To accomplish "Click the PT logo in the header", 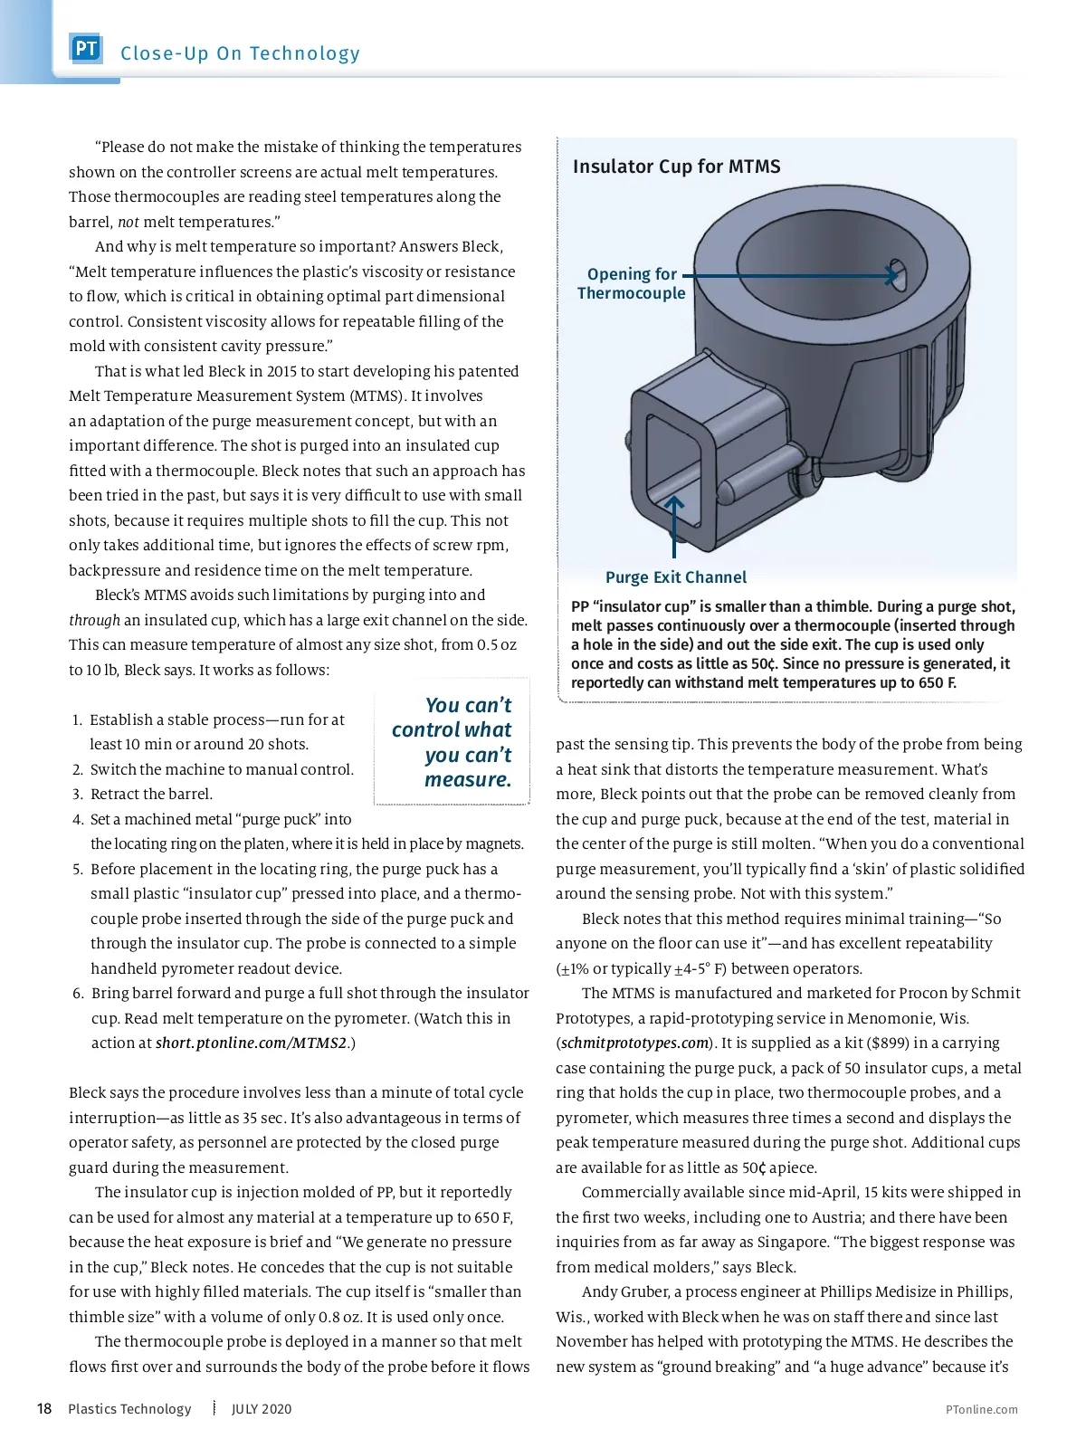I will coord(86,49).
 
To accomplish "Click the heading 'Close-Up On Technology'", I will coord(240,53).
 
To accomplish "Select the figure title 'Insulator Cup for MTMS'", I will coord(676,167).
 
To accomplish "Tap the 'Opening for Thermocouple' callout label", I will coord(631,283).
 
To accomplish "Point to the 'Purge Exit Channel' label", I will coord(675,577).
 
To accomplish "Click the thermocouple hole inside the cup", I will coord(896,275).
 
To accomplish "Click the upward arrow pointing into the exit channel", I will coord(674,525).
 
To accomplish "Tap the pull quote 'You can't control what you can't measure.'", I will coord(452,742).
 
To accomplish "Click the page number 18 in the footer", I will coord(44,1409).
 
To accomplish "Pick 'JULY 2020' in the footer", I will coord(262,1409).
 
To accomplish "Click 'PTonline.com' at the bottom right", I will coord(981,1409).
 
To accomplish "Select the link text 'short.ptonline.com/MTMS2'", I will coord(251,1043).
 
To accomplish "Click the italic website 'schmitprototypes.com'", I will coord(634,1043).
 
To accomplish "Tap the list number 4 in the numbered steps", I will coord(78,819).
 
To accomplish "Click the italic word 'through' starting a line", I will coord(94,620).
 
